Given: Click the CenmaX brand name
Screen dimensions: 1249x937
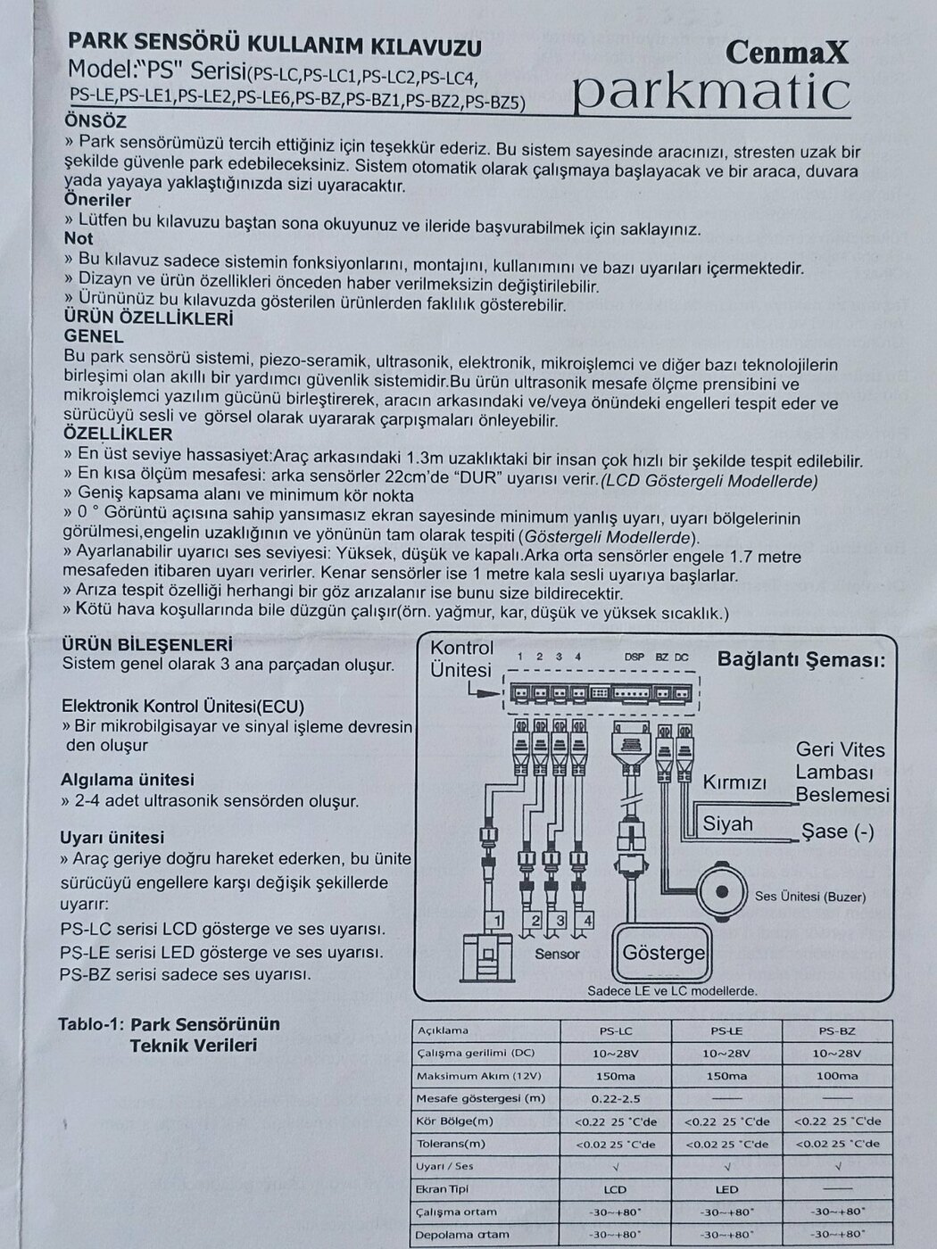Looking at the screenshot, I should (x=786, y=53).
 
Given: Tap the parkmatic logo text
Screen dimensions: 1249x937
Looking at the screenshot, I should (x=709, y=91).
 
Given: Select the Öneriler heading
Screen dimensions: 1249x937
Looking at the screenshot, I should (x=97, y=201).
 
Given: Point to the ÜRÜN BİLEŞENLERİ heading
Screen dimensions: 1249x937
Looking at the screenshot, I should (x=147, y=644).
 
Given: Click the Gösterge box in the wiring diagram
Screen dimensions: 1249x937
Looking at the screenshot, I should (x=664, y=952).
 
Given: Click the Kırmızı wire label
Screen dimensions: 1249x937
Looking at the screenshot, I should (x=734, y=782).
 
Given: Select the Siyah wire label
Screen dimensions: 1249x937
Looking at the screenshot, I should (x=727, y=823).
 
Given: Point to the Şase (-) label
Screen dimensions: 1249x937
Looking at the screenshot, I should (x=837, y=831).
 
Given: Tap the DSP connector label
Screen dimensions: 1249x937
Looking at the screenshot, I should (x=634, y=658).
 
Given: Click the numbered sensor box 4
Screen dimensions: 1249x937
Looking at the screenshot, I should (x=585, y=921).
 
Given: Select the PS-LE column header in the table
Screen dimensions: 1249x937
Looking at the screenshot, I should (x=727, y=1030).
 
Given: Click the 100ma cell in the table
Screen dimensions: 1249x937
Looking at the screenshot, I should (x=837, y=1076).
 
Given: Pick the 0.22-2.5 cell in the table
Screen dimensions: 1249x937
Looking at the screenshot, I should (x=616, y=1098).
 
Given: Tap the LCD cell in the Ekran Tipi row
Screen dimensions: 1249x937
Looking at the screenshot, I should (x=615, y=1189).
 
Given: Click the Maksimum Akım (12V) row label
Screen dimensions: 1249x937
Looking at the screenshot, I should (x=480, y=1076).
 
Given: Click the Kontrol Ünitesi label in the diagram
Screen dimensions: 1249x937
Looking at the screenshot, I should (x=461, y=658).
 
